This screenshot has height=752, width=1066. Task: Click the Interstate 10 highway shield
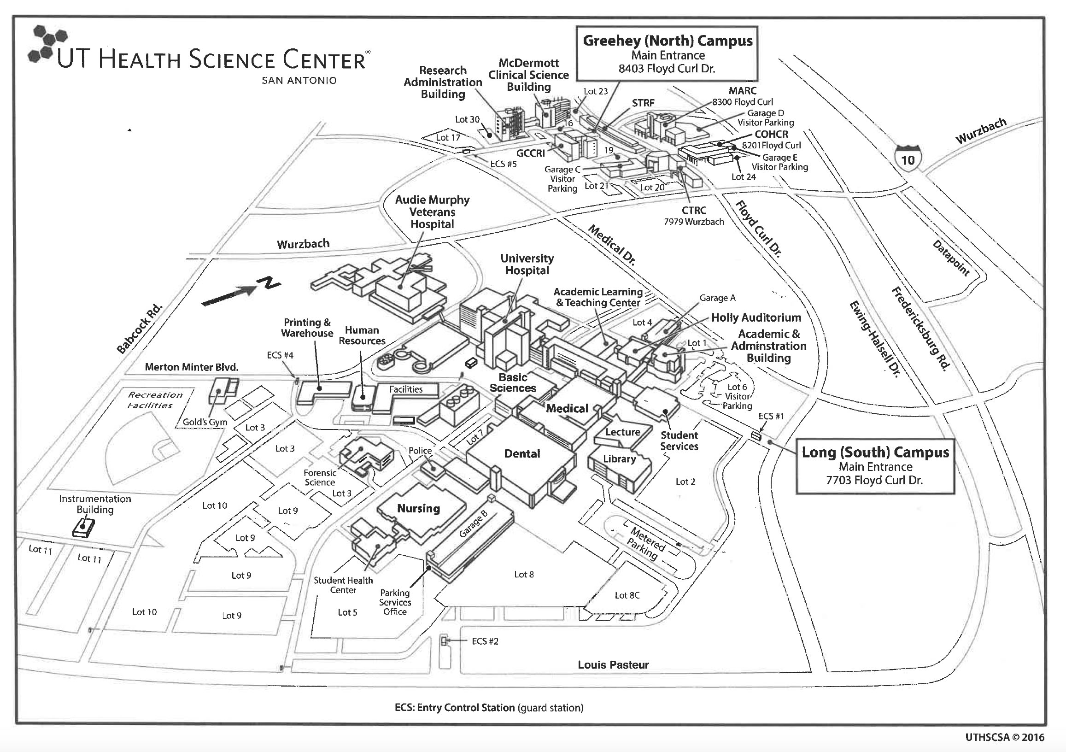(x=907, y=159)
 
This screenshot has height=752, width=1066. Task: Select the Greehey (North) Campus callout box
(x=667, y=54)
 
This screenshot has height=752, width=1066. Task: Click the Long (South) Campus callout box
(x=875, y=466)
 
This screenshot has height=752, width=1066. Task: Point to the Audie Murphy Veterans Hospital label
(x=432, y=212)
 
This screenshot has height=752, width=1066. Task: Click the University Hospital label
(x=527, y=264)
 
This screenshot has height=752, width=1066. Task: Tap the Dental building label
(x=522, y=454)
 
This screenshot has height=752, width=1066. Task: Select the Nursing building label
(x=418, y=509)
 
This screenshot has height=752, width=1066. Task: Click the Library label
(x=619, y=459)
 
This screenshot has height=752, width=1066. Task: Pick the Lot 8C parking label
(x=627, y=595)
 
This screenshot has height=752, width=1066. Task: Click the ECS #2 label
(x=485, y=641)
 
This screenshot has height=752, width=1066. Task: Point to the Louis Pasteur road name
(x=613, y=665)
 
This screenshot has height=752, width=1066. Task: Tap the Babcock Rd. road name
(x=139, y=329)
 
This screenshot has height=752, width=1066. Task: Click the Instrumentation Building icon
(x=83, y=528)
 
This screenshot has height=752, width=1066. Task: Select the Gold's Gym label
(x=205, y=422)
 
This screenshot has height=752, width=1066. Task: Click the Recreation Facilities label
(x=155, y=400)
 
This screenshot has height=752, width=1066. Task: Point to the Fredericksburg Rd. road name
(x=921, y=329)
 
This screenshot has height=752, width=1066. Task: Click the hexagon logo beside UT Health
(x=47, y=44)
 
